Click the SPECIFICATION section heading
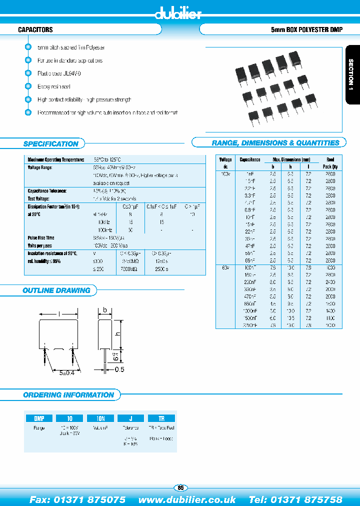click(51, 144)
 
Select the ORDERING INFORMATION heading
click(68, 395)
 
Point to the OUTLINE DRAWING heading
click(56, 290)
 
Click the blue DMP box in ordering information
click(39, 418)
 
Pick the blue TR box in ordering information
click(161, 418)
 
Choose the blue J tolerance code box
click(130, 418)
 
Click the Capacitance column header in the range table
click(250, 159)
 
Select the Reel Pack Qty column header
click(330, 163)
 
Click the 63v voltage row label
click(225, 267)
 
